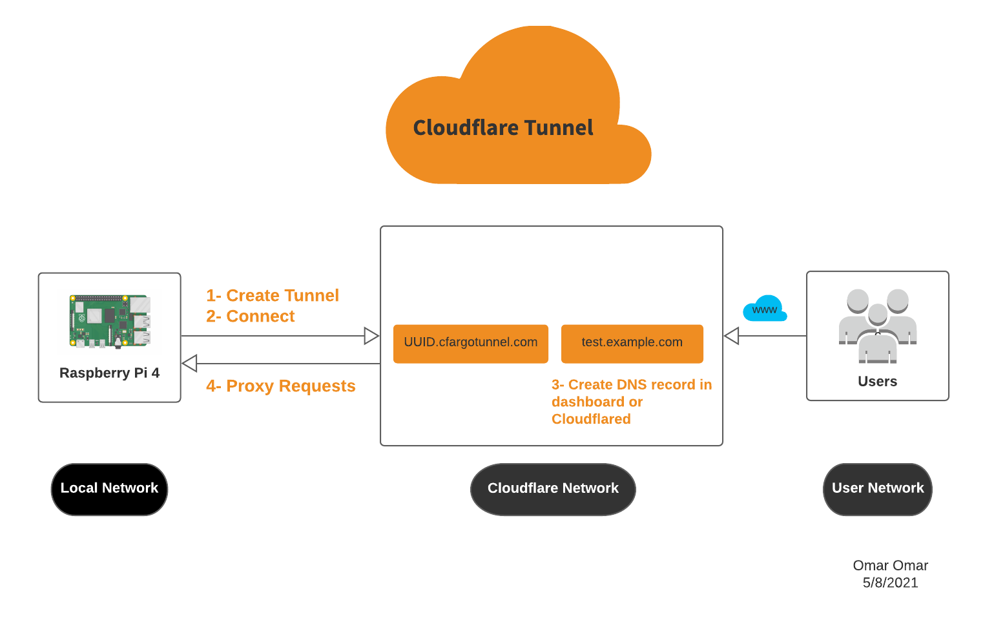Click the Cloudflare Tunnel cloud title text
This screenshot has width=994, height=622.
click(502, 128)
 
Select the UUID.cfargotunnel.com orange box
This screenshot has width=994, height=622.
click(470, 343)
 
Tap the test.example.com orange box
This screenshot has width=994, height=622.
click(632, 343)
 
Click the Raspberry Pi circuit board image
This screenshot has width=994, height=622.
click(110, 321)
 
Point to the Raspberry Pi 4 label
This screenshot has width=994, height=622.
click(109, 373)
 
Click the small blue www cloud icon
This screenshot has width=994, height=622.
click(765, 309)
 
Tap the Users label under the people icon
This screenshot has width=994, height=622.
click(877, 382)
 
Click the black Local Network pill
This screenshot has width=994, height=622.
click(109, 489)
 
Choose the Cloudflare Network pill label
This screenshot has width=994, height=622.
click(553, 489)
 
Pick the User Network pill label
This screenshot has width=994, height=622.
click(877, 489)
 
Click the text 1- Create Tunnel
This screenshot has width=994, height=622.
click(273, 296)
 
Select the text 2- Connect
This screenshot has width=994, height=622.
click(251, 316)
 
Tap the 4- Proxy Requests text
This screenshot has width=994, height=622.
click(281, 386)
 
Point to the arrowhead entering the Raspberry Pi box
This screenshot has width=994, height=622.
click(189, 364)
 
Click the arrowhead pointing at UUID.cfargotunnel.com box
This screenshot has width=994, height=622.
click(371, 336)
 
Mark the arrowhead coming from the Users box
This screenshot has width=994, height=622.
click(731, 336)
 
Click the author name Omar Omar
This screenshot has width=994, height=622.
click(890, 566)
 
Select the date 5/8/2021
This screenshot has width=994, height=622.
click(890, 583)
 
